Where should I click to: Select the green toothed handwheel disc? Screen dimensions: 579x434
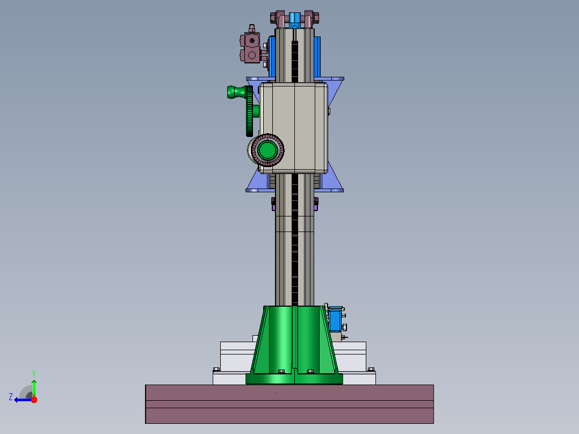[x=250, y=111]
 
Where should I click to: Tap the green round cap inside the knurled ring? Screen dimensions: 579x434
[x=267, y=150]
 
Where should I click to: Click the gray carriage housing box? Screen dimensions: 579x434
[x=294, y=128]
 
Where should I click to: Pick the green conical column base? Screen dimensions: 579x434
[x=294, y=345]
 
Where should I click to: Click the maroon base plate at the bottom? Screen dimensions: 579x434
[x=289, y=404]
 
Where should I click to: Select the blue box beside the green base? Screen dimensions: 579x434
[x=335, y=320]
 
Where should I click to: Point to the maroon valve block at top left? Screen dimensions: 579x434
[x=251, y=47]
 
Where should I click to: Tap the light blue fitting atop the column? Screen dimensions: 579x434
[x=295, y=20]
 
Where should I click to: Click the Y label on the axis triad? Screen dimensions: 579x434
[x=34, y=373]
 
